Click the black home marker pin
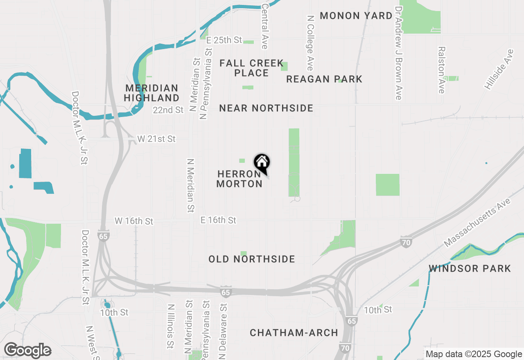pyautogui.click(x=262, y=163)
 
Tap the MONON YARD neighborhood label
pyautogui.click(x=356, y=16)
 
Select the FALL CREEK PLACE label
pyautogui.click(x=251, y=68)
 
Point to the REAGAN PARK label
pyautogui.click(x=324, y=79)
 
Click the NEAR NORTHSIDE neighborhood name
pyautogui.click(x=266, y=108)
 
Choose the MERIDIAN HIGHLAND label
pyautogui.click(x=151, y=93)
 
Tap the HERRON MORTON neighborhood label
pyautogui.click(x=239, y=179)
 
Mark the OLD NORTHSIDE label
pyautogui.click(x=252, y=259)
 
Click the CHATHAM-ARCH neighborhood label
pyautogui.click(x=294, y=333)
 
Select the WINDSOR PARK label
pyautogui.click(x=470, y=268)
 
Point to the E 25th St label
pyautogui.click(x=224, y=40)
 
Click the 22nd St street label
pyautogui.click(x=168, y=110)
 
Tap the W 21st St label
pyautogui.click(x=156, y=139)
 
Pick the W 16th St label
pyautogui.click(x=134, y=221)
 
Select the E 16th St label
pyautogui.click(x=218, y=220)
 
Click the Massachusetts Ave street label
pyautogui.click(x=477, y=223)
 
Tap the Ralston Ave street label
pyautogui.click(x=441, y=70)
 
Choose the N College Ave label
pyautogui.click(x=310, y=43)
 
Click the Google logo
pyautogui.click(x=27, y=350)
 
